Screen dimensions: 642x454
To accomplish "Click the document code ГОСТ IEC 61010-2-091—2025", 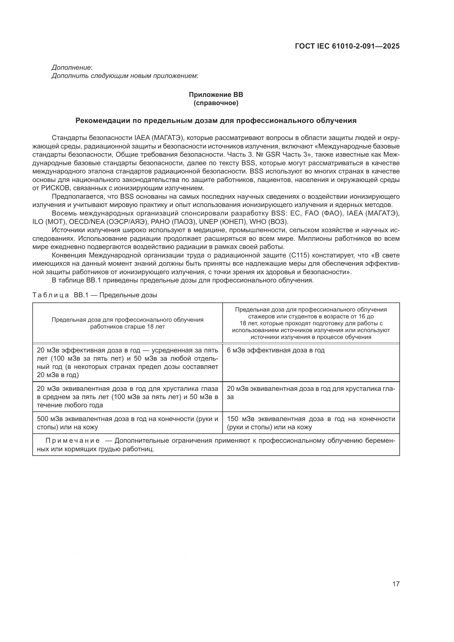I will click(x=347, y=46).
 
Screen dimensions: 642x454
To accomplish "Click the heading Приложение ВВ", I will click(x=216, y=94).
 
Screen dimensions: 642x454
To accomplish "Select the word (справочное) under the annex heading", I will click(x=216, y=103).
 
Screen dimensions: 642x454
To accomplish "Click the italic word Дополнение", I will click(x=71, y=68).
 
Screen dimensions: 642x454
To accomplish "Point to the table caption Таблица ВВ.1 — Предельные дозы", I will click(x=95, y=295).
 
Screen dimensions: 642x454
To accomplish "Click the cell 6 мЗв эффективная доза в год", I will click(x=276, y=350).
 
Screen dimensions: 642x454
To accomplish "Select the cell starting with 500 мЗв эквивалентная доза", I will click(x=127, y=423).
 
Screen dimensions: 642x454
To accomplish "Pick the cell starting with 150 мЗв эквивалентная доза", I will click(x=311, y=423).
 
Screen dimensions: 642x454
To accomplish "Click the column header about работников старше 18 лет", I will click(x=127, y=323).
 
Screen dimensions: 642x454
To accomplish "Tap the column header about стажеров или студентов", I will click(x=311, y=323).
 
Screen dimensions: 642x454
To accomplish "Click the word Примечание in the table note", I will click(x=73, y=441).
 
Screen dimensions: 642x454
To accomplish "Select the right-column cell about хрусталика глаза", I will click(x=311, y=393).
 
